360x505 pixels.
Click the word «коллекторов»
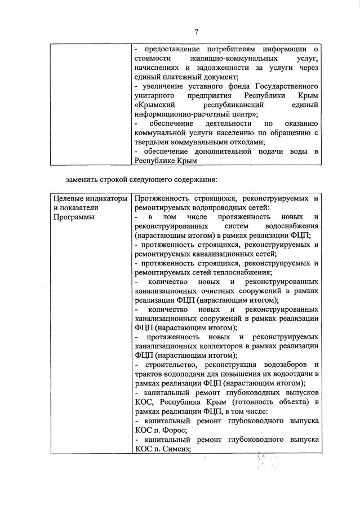click(208, 346)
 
